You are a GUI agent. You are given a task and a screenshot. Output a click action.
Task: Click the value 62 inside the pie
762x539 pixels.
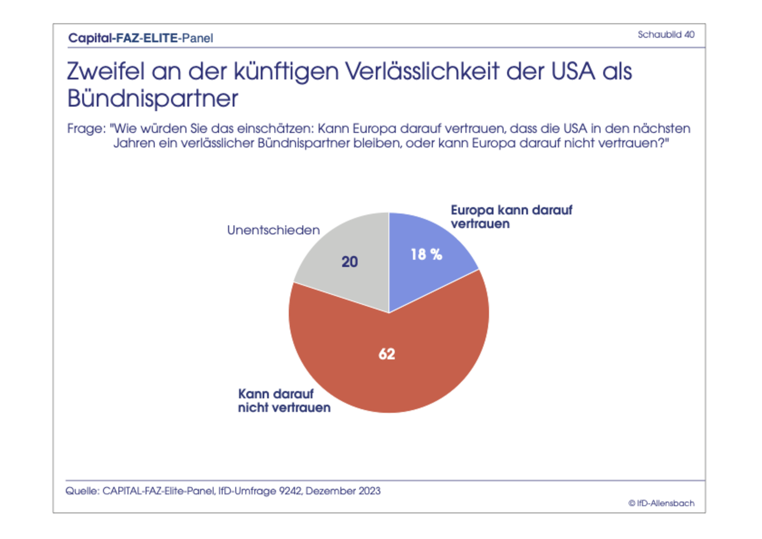[387, 354]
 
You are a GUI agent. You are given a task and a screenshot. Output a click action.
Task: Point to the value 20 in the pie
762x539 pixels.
[350, 262]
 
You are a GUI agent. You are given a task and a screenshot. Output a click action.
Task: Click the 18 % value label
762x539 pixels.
[426, 255]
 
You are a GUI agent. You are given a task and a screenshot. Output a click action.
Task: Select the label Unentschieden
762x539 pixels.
[273, 230]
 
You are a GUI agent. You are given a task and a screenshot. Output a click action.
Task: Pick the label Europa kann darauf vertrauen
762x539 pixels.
[511, 217]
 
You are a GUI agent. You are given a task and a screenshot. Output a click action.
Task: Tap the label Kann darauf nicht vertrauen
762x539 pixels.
[284, 401]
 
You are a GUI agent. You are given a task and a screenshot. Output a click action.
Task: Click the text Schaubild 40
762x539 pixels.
[666, 35]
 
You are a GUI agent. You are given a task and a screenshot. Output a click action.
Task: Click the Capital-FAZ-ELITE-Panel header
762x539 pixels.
[141, 38]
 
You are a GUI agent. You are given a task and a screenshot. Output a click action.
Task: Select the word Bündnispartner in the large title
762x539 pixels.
[153, 98]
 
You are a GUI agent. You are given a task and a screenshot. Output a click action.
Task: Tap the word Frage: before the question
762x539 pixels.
[86, 128]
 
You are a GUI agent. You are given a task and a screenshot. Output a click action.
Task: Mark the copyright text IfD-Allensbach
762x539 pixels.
[662, 503]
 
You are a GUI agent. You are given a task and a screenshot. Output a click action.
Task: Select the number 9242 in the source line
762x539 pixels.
[291, 491]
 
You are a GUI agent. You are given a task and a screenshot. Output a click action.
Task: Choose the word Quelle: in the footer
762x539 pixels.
[82, 491]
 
